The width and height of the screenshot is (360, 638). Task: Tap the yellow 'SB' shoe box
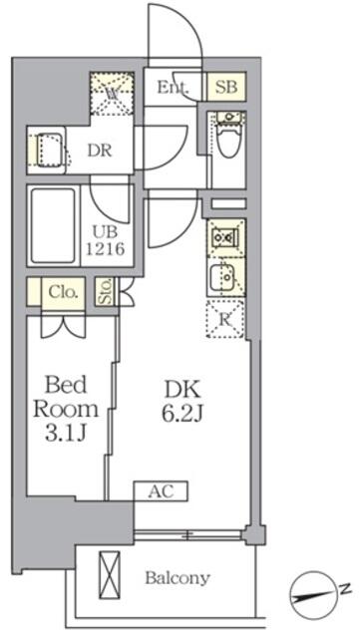(223, 88)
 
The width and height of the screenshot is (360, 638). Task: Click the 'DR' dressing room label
(98, 152)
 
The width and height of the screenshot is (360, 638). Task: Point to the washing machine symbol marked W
(113, 94)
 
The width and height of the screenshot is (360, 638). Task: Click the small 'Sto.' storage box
(105, 292)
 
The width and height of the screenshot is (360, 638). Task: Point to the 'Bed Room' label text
(67, 397)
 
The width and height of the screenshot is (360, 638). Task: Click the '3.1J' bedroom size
(67, 434)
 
